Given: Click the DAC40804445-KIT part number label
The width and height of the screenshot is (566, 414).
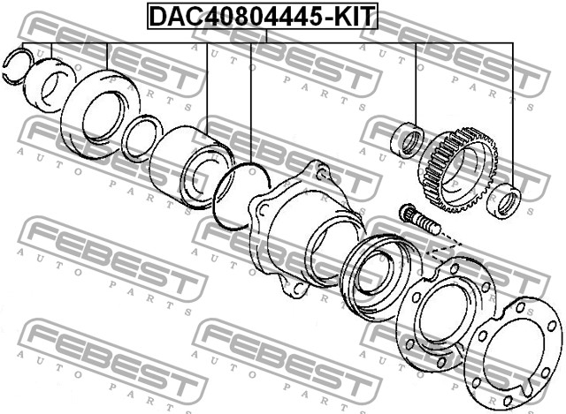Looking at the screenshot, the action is coord(263,16).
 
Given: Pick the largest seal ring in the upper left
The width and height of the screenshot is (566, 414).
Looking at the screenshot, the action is coord(100,114).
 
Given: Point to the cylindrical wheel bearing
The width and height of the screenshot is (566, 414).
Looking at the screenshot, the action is coord(188,167).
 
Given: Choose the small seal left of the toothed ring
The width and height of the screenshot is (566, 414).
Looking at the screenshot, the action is coord(408,140).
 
